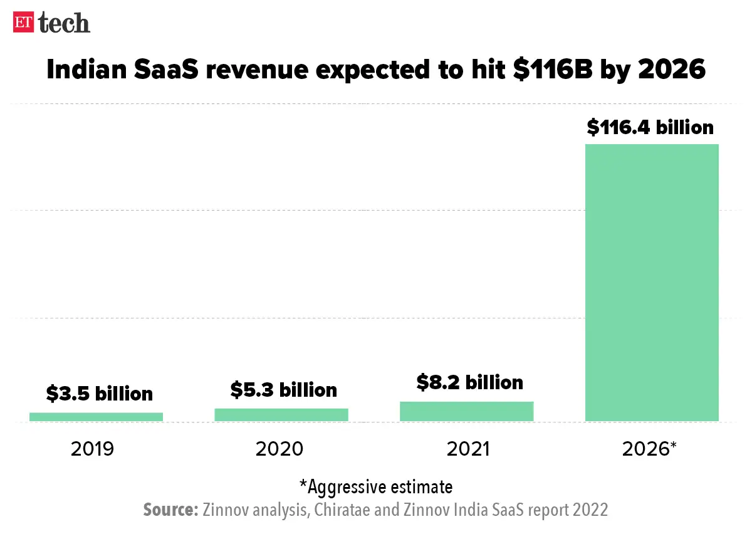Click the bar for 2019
tap(96, 416)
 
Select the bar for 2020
tap(281, 414)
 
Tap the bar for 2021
tap(466, 411)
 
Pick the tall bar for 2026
tap(652, 282)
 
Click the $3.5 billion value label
tap(99, 394)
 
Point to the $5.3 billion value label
tap(283, 390)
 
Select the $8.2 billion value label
tap(469, 382)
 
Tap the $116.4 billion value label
tap(650, 127)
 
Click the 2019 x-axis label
tap(92, 449)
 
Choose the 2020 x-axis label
tap(279, 449)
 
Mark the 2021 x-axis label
tap(467, 449)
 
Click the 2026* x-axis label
tap(650, 449)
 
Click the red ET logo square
tap(24, 23)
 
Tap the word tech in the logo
tap(64, 23)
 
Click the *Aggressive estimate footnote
tap(375, 486)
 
